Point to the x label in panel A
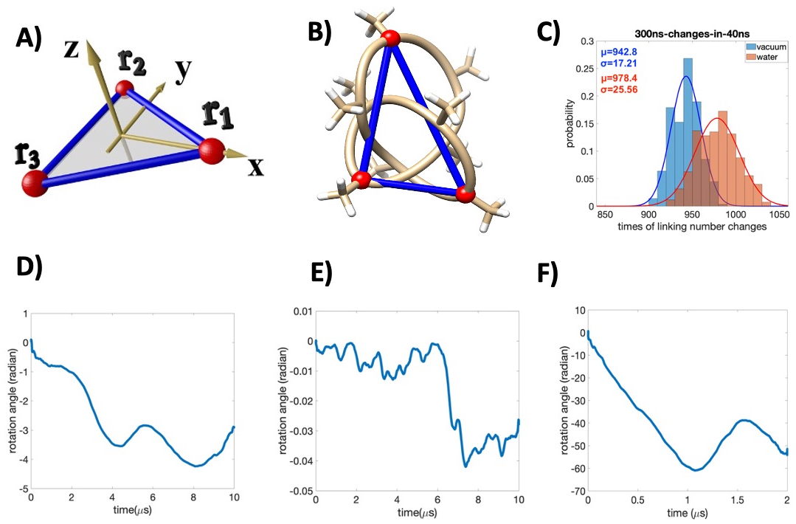tap(255, 168)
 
